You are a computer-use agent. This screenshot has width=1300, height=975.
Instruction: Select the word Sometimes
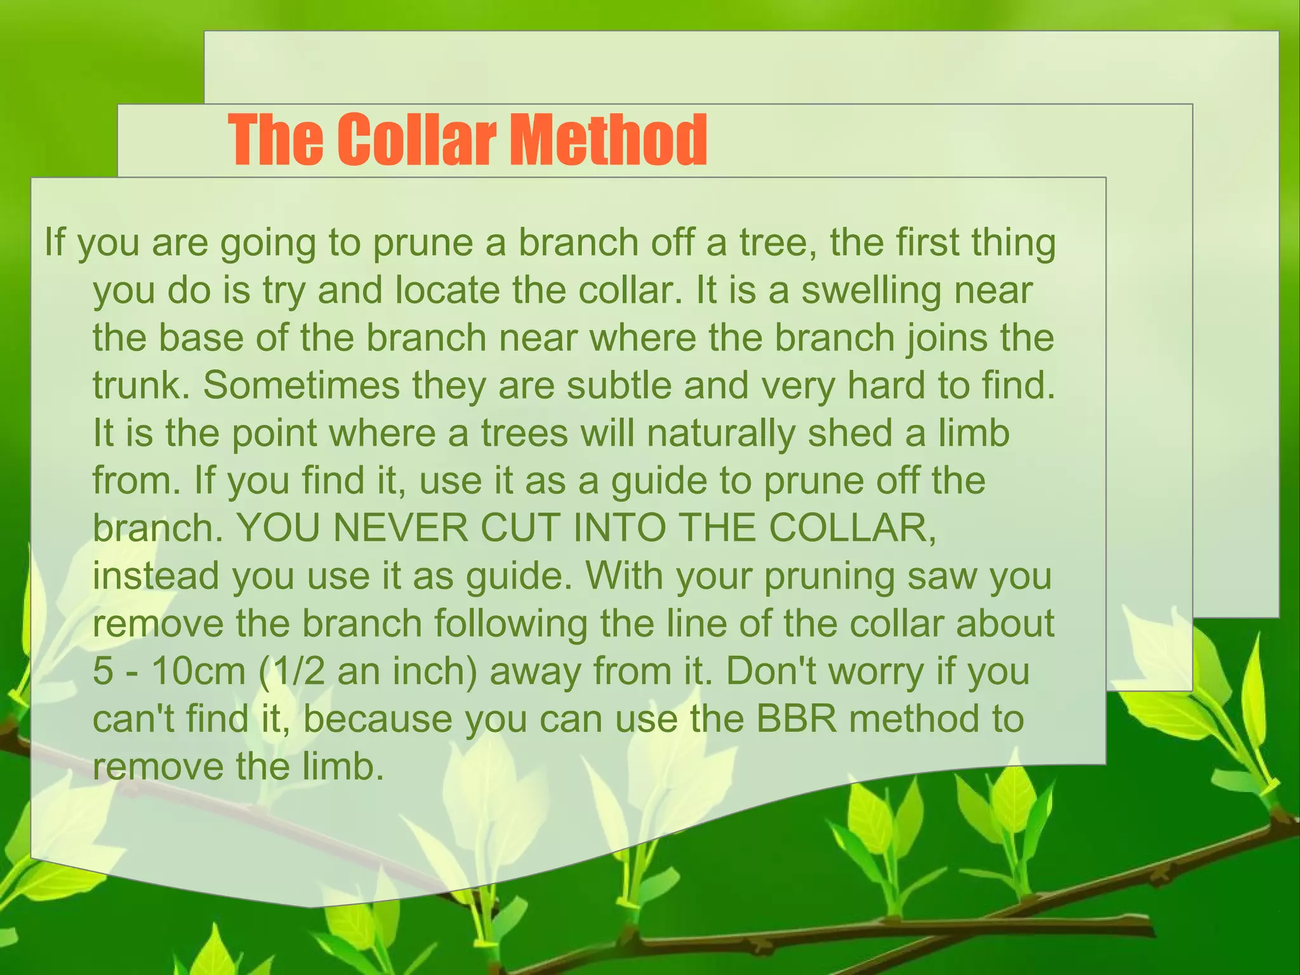click(x=302, y=386)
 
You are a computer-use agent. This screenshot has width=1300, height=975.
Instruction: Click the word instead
click(x=156, y=576)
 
